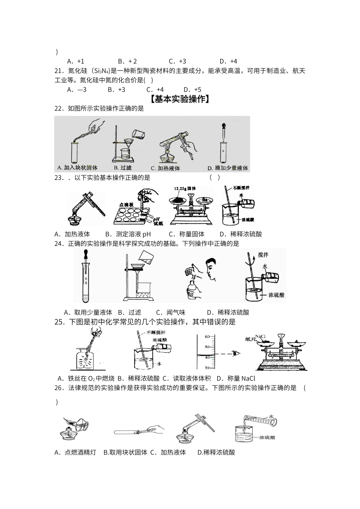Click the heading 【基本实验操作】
(180, 100)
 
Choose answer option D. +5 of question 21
(193, 90)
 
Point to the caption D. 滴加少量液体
(227, 168)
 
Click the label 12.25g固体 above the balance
(185, 189)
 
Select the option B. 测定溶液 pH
(128, 234)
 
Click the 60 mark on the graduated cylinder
(207, 337)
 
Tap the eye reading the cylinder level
(237, 354)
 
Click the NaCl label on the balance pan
(260, 336)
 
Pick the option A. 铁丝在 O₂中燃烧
(86, 378)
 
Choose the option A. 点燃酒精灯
(75, 452)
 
